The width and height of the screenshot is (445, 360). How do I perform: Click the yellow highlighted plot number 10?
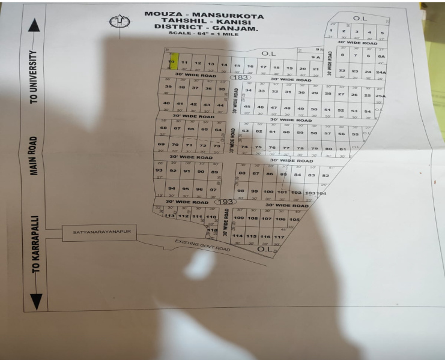click(x=172, y=62)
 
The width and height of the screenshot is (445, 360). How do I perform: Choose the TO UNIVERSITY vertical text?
click(x=34, y=76)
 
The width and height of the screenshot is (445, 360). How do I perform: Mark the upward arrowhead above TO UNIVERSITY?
click(x=35, y=26)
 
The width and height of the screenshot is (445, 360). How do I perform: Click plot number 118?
click(x=211, y=230)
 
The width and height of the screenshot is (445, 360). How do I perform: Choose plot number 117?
click(x=279, y=237)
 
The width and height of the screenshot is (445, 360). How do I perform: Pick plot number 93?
click(x=159, y=171)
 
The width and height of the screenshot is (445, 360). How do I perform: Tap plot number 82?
click(x=325, y=175)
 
